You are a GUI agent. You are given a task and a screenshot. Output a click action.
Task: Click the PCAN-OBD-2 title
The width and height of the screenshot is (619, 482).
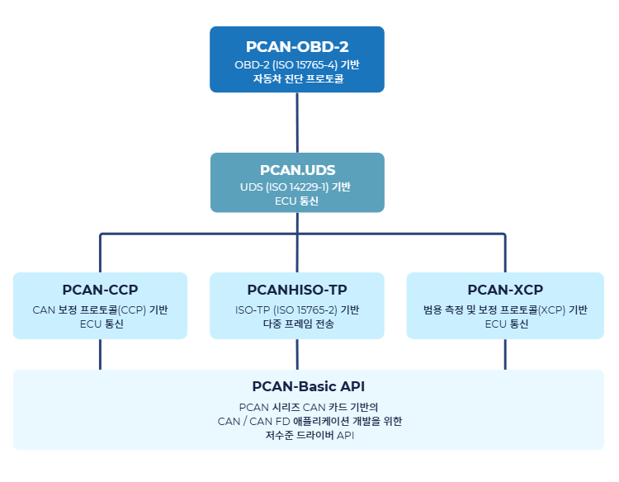(x=297, y=46)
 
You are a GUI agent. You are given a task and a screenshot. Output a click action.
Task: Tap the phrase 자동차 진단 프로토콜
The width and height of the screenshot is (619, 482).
(x=297, y=79)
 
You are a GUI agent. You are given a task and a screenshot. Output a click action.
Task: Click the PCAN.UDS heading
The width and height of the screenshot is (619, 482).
(x=297, y=171)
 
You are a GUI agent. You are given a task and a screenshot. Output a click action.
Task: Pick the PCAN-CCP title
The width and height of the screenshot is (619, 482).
(x=100, y=290)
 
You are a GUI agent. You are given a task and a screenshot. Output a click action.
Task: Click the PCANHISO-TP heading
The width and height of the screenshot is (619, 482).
(x=297, y=290)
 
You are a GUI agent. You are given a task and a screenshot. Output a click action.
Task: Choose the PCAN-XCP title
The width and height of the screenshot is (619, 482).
(x=505, y=290)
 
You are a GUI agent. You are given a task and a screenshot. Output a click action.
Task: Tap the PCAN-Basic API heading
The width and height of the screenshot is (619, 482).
(x=308, y=386)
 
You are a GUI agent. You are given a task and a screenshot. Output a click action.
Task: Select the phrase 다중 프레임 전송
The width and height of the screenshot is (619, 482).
(x=297, y=324)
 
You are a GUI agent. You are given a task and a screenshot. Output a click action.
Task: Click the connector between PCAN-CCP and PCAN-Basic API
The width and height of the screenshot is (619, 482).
(x=100, y=354)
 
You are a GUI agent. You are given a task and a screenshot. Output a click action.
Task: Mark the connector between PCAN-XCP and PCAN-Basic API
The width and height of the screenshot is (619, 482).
(x=505, y=354)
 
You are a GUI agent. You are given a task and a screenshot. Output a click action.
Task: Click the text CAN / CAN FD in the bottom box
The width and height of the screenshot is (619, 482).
(x=248, y=420)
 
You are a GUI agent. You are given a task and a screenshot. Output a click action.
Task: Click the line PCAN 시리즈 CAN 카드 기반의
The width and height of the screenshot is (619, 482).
(x=308, y=407)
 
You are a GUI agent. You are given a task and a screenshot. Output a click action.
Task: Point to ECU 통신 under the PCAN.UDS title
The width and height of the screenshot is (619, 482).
(x=297, y=201)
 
